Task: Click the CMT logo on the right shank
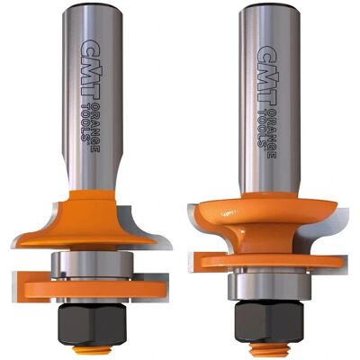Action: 266,75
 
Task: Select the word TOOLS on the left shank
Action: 85,121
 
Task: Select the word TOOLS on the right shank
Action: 262,128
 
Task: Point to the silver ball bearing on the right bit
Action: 268,286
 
